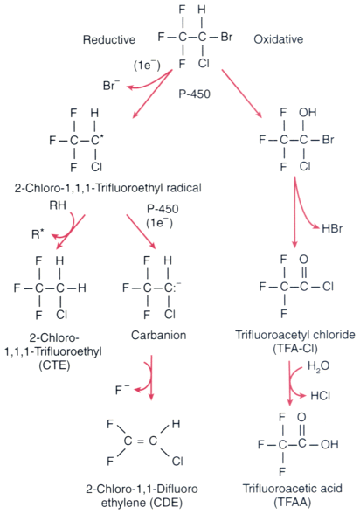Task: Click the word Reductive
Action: tap(109, 39)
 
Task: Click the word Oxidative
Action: tap(279, 39)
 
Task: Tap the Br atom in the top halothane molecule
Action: tap(226, 37)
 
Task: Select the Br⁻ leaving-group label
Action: tap(111, 86)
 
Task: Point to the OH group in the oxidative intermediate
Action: tap(308, 113)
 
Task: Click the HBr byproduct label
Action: tap(332, 228)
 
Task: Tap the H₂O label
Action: tap(318, 366)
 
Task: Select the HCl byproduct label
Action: tap(321, 396)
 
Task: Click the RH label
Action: tap(58, 205)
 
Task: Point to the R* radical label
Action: tap(38, 234)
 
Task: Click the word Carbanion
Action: tap(158, 335)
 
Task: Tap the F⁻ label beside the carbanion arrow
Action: tap(122, 390)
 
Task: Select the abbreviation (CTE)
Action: tap(54, 365)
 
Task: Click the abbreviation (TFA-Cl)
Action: tap(295, 349)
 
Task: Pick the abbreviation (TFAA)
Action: tap(292, 502)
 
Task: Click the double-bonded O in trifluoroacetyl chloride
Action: tap(304, 260)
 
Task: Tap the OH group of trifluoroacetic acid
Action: tap(329, 444)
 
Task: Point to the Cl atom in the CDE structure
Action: tap(177, 462)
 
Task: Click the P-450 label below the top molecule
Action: tap(194, 94)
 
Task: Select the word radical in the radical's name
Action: tap(184, 188)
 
